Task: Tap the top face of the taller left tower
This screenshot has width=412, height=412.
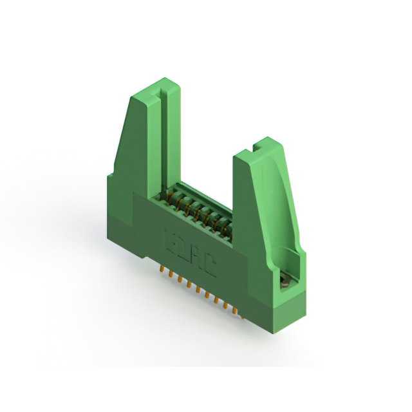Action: (x=154, y=88)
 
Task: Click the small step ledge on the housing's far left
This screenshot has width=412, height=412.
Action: (x=110, y=173)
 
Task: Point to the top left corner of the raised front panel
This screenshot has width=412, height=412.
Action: (x=134, y=192)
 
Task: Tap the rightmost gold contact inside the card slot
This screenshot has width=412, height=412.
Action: (x=227, y=226)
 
